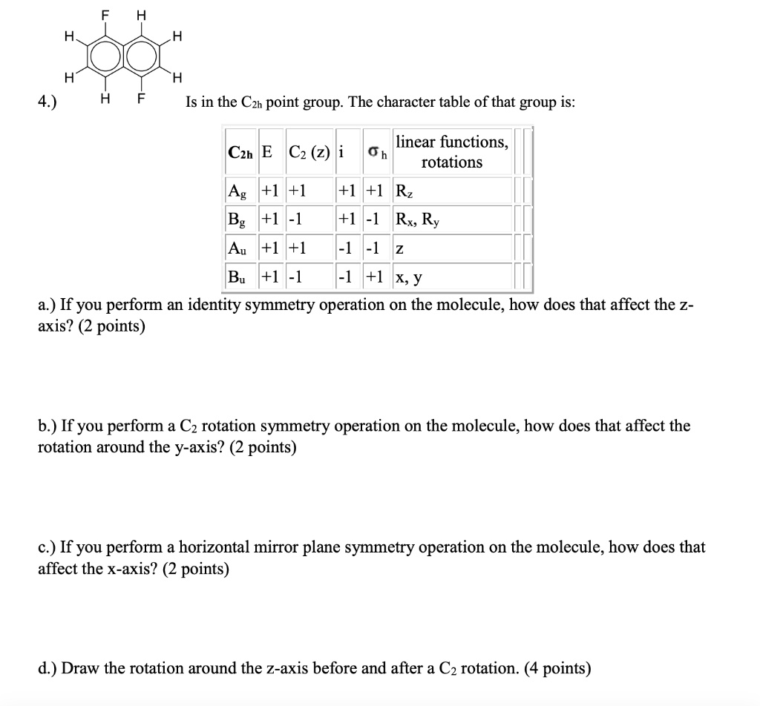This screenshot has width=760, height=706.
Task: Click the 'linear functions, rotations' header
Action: tap(452, 151)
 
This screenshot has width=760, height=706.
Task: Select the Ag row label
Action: tap(238, 190)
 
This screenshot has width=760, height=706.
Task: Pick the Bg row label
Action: tap(238, 220)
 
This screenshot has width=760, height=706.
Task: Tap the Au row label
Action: tap(238, 248)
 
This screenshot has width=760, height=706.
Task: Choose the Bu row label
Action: tap(238, 277)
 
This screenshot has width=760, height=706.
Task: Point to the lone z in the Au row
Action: tap(399, 248)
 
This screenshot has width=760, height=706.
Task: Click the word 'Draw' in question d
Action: tap(79, 668)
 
